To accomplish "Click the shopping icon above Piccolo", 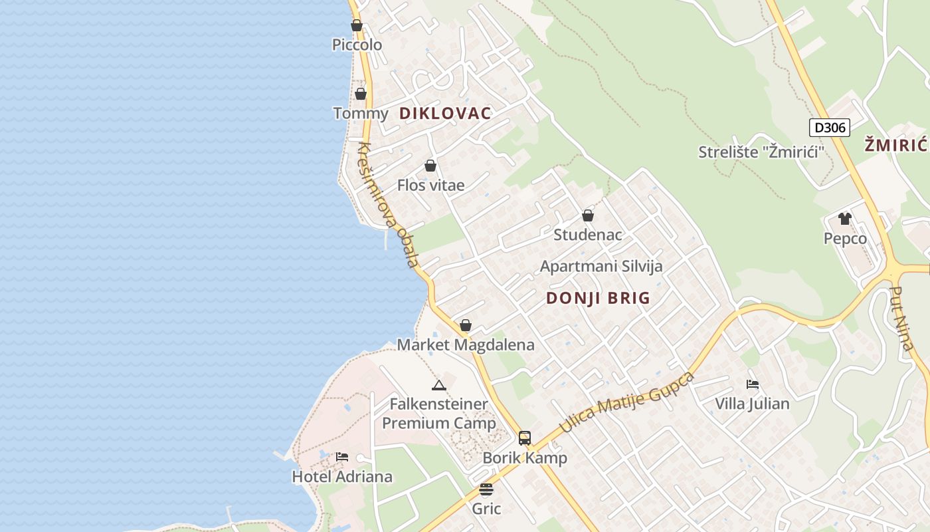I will [x=357, y=26].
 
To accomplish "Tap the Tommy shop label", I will [x=361, y=113].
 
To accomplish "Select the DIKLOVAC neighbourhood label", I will [x=445, y=113].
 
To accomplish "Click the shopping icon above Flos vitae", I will [x=430, y=166].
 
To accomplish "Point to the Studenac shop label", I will [x=588, y=235].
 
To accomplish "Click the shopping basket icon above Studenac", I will [x=588, y=215].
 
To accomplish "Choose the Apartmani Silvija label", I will [x=601, y=267].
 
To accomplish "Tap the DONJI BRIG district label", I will [x=598, y=298].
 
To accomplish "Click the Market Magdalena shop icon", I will [x=466, y=325].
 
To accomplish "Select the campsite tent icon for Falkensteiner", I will [x=438, y=385].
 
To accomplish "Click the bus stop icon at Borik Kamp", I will [x=525, y=438].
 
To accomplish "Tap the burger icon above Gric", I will [x=486, y=490].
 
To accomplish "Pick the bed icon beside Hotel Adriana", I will [x=342, y=457].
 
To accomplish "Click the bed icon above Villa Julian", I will [x=753, y=384].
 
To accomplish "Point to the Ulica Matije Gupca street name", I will [x=627, y=403].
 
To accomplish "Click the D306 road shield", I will [x=830, y=128].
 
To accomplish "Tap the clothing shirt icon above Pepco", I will [x=845, y=218].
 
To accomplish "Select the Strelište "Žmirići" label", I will [x=761, y=152].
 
